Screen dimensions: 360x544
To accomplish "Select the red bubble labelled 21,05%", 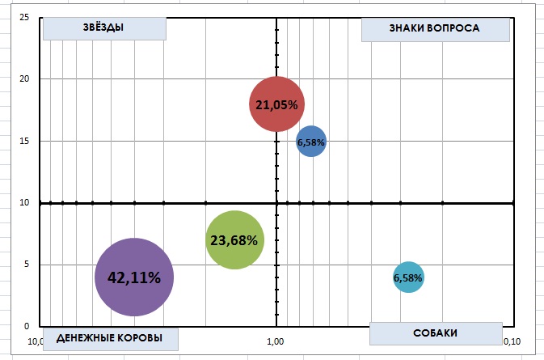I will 276,104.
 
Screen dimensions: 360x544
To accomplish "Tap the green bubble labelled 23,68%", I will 234,239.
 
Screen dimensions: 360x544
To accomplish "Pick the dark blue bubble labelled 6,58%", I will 311,142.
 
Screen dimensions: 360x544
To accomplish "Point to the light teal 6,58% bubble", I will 408,277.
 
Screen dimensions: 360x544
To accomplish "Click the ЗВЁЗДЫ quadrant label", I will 103,28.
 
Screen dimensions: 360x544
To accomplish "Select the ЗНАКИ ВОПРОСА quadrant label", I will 434,28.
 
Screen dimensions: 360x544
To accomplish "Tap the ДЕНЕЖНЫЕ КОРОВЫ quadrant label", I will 110,337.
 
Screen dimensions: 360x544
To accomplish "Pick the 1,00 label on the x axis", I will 275,341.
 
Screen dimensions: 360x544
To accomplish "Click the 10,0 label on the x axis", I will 36,341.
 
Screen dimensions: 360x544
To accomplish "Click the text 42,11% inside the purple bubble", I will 134,277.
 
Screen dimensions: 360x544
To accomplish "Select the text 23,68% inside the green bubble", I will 234,239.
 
